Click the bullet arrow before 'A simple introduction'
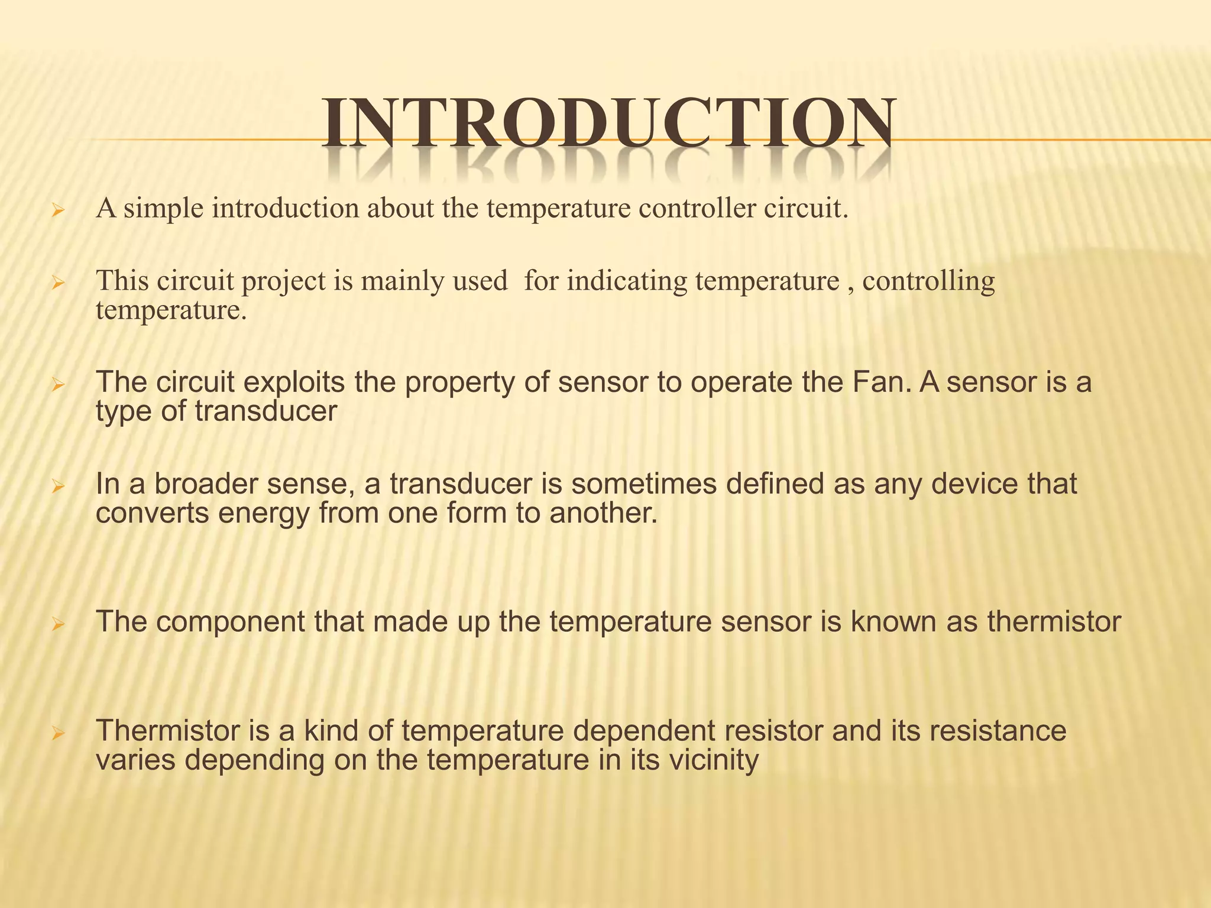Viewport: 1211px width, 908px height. click(x=57, y=210)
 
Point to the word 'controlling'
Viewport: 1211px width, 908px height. click(x=928, y=281)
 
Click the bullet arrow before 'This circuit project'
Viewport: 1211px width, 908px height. click(x=57, y=284)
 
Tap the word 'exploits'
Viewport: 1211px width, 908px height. click(x=294, y=382)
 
